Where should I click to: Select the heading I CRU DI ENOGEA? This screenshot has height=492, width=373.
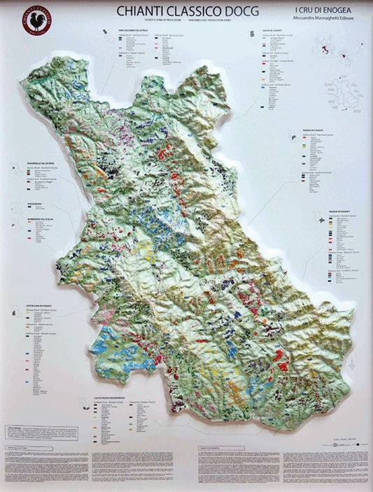pos(321,10)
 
